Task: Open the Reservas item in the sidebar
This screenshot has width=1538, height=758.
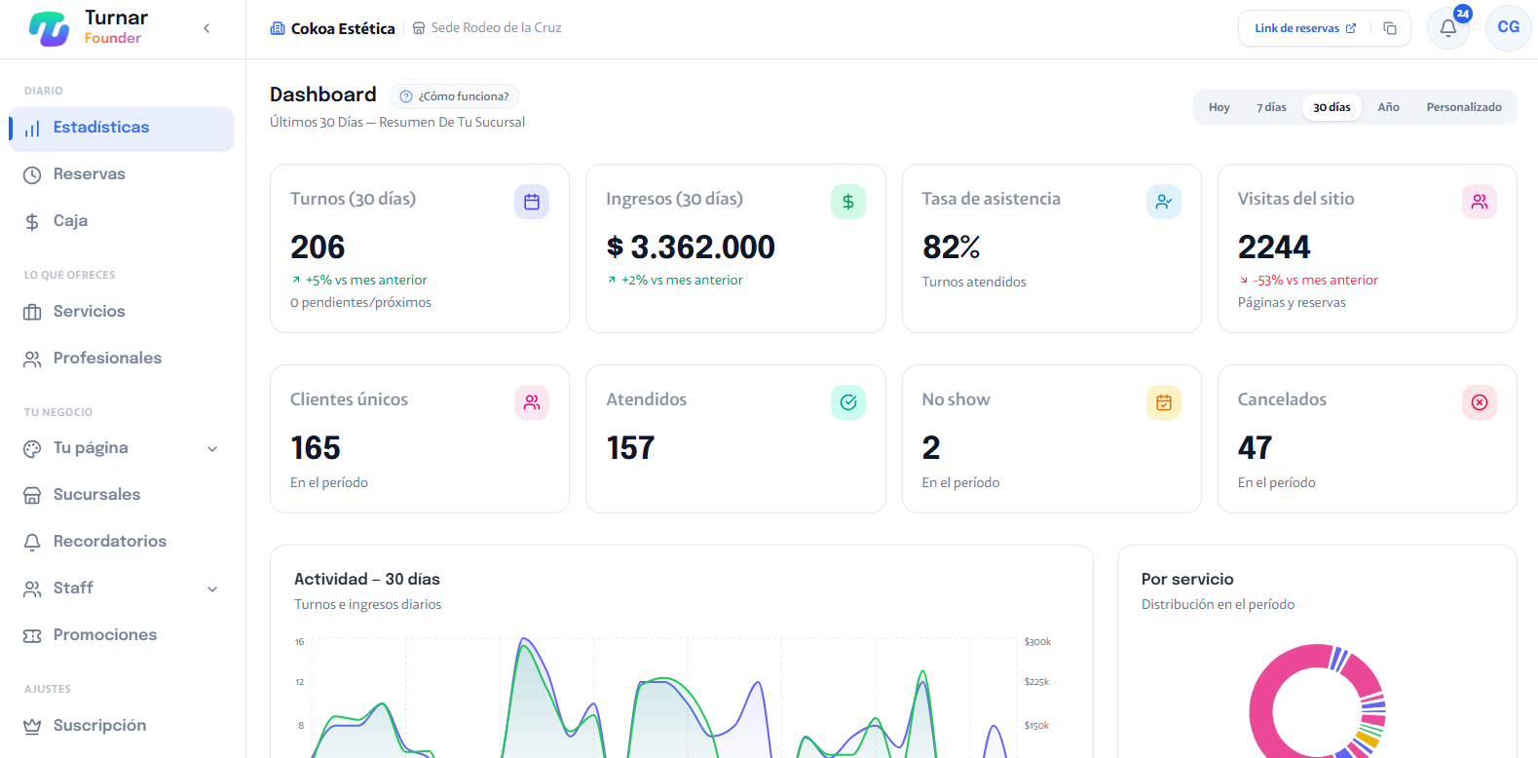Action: [x=90, y=174]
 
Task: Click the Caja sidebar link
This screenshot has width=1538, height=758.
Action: [x=70, y=221]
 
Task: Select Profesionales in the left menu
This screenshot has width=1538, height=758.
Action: [x=107, y=359]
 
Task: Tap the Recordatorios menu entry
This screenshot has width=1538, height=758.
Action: [x=110, y=542]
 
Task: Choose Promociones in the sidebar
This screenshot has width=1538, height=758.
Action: [x=105, y=635]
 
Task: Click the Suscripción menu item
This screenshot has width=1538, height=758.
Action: [x=99, y=726]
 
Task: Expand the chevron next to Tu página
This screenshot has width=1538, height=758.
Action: [x=213, y=449]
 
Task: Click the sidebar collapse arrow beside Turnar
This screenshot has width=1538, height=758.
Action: [x=206, y=28]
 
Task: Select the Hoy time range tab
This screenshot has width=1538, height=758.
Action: [x=1219, y=107]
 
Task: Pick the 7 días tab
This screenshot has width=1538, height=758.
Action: [x=1271, y=107]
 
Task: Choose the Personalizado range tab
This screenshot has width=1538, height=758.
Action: [x=1464, y=107]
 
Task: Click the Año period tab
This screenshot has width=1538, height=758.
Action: [x=1388, y=107]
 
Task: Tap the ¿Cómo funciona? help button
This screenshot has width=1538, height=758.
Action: [x=454, y=96]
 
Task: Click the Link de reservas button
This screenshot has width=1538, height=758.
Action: [x=1305, y=28]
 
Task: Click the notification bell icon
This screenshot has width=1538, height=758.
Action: [x=1448, y=28]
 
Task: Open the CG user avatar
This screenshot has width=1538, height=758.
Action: [x=1508, y=27]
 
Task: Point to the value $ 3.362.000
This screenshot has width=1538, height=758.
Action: [x=690, y=247]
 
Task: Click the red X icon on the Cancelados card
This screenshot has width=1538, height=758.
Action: [x=1479, y=402]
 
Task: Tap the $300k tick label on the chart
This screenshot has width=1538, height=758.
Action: [x=1036, y=642]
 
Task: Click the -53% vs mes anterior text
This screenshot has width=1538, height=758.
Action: [x=1315, y=281]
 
